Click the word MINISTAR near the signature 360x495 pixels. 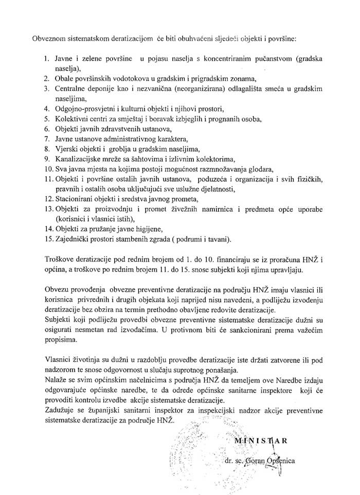tap(261, 441)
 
